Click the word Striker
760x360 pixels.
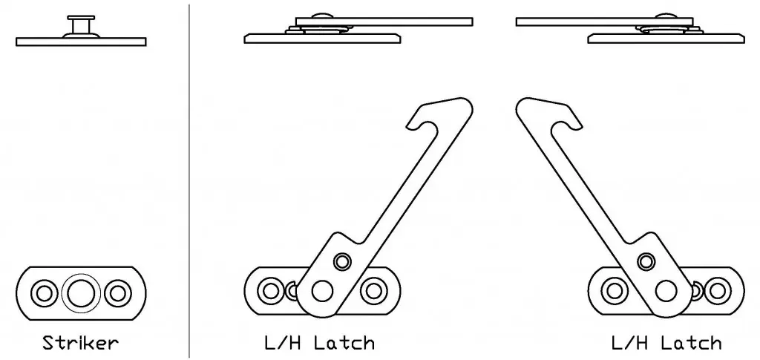pyautogui.click(x=80, y=343)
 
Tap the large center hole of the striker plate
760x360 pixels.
pyautogui.click(x=81, y=293)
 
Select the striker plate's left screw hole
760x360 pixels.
pyautogui.click(x=44, y=293)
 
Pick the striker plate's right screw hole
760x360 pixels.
pyautogui.click(x=118, y=293)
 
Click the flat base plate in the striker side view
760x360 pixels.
pyautogui.click(x=81, y=42)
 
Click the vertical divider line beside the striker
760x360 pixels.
pyautogui.click(x=189, y=180)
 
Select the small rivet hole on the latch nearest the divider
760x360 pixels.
pyautogui.click(x=342, y=261)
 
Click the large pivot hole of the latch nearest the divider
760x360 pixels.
pyautogui.click(x=322, y=292)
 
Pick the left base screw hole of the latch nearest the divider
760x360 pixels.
pyautogui.click(x=271, y=291)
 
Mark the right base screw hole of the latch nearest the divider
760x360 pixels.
pyautogui.click(x=373, y=291)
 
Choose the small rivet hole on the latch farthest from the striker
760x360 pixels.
pyautogui.click(x=646, y=261)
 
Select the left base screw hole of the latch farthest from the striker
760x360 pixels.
pyautogui.click(x=615, y=291)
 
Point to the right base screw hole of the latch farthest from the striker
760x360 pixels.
pyautogui.click(x=718, y=291)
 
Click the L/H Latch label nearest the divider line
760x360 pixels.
pyautogui.click(x=320, y=343)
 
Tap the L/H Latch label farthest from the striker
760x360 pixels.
pyautogui.click(x=666, y=343)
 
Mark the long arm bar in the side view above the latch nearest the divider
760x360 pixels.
pyautogui.click(x=384, y=22)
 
